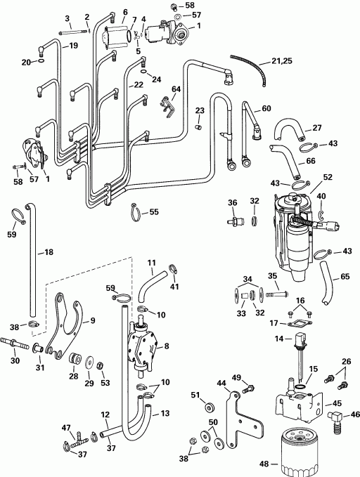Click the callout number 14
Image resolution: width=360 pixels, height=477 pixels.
[279, 338]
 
